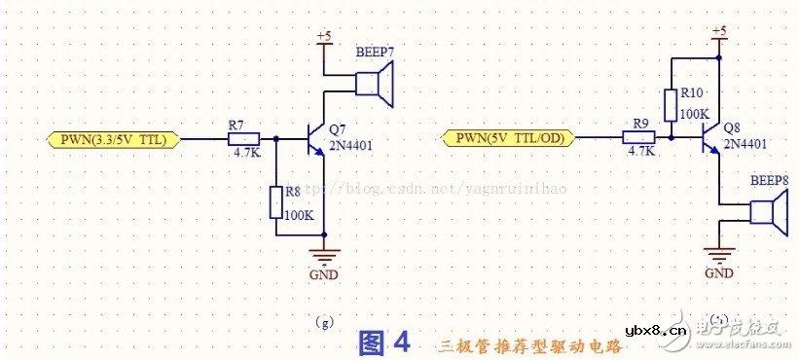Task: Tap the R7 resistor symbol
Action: pos(237,140)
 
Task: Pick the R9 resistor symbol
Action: pos(641,137)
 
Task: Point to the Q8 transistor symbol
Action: pos(712,137)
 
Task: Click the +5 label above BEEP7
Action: pos(324,36)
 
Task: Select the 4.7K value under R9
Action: pos(641,152)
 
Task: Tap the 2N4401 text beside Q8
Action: pos(745,143)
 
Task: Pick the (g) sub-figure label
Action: pos(324,319)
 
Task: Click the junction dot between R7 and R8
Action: pos(276,140)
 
